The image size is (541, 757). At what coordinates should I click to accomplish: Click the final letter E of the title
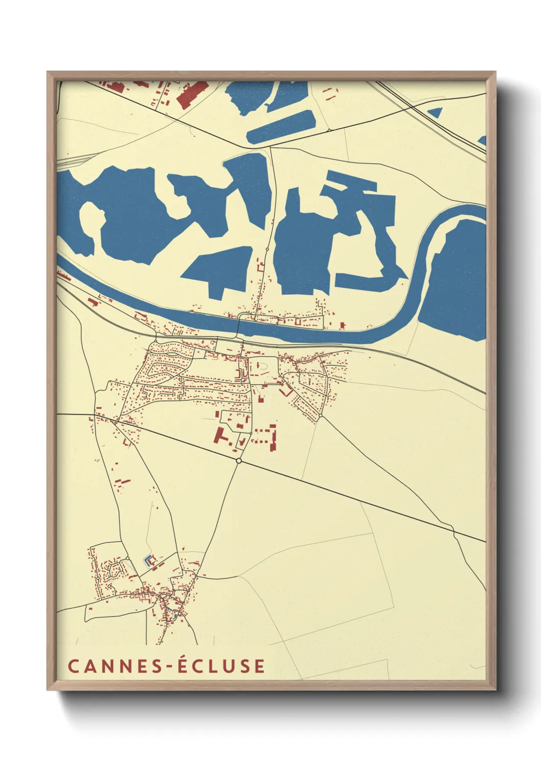click(259, 666)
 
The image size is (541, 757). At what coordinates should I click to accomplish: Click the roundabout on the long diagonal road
click(239, 461)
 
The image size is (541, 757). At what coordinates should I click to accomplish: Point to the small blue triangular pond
click(436, 113)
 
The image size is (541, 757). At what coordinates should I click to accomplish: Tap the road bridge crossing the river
click(238, 327)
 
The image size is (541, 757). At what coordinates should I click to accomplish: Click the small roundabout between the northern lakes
click(267, 249)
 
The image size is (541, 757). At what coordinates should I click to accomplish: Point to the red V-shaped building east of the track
click(285, 391)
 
